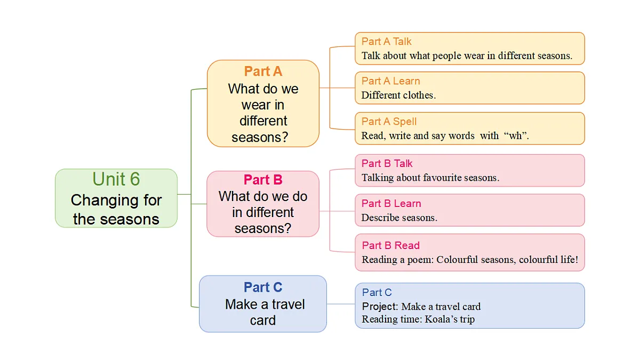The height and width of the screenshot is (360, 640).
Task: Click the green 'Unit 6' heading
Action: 116,179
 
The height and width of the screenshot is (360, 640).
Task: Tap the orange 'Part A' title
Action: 263,71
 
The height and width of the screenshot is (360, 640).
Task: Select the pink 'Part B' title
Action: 263,180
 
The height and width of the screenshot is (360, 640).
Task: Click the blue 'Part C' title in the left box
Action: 263,287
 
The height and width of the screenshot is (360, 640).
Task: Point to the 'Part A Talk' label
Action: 387,42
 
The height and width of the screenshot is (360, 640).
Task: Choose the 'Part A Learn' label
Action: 391,81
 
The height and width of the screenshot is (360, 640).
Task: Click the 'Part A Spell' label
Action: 389,122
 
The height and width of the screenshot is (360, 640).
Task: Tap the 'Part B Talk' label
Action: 387,164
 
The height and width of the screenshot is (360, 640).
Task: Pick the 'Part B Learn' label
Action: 391,204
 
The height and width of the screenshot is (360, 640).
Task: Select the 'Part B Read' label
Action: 391,246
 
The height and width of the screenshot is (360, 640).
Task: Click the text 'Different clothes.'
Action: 398,95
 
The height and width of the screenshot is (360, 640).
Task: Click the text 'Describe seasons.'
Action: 399,218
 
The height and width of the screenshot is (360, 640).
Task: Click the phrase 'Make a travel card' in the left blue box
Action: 263,313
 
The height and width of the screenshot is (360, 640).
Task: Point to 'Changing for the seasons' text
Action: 116,210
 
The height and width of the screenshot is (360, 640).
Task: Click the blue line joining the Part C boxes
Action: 341,305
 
